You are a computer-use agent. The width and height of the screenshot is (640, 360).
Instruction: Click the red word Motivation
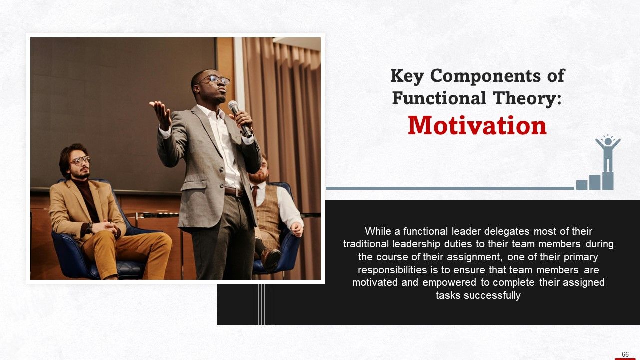point(477,126)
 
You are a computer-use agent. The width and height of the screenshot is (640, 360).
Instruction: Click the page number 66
point(625,354)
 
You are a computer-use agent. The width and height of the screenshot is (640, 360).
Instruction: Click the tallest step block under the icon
point(607,181)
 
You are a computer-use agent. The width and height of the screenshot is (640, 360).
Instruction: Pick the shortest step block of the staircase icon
point(581,185)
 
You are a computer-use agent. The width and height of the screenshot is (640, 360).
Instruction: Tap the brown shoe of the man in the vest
point(271,257)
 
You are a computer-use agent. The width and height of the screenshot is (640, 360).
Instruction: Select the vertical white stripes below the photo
point(263,304)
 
